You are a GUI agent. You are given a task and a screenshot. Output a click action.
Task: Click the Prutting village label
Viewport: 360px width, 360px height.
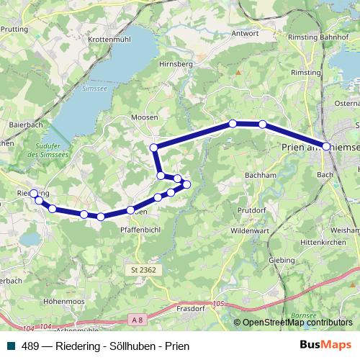(14, 30)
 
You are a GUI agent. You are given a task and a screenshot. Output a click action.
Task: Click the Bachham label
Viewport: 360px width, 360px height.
(261, 174)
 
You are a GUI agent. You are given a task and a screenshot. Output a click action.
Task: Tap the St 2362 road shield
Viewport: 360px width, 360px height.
(144, 270)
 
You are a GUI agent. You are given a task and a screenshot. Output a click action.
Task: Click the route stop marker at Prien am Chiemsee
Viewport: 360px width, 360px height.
(326, 146)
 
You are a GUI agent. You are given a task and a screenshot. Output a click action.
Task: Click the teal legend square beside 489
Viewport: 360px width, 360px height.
(10, 346)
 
